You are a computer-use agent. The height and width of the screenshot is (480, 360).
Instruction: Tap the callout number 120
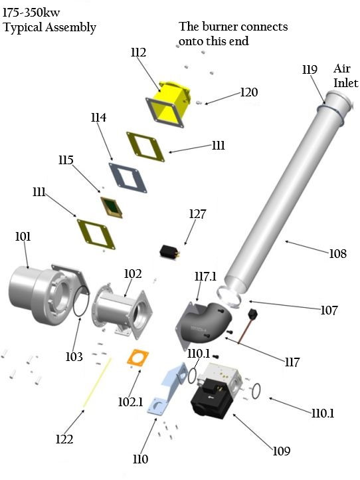249,92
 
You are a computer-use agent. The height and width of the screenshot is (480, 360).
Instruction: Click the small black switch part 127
170,252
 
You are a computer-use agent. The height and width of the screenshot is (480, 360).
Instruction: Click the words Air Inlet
345,76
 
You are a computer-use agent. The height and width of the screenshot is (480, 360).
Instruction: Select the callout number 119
309,69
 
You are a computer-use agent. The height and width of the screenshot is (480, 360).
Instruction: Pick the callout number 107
328,310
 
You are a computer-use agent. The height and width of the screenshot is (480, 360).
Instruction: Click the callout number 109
281,451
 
